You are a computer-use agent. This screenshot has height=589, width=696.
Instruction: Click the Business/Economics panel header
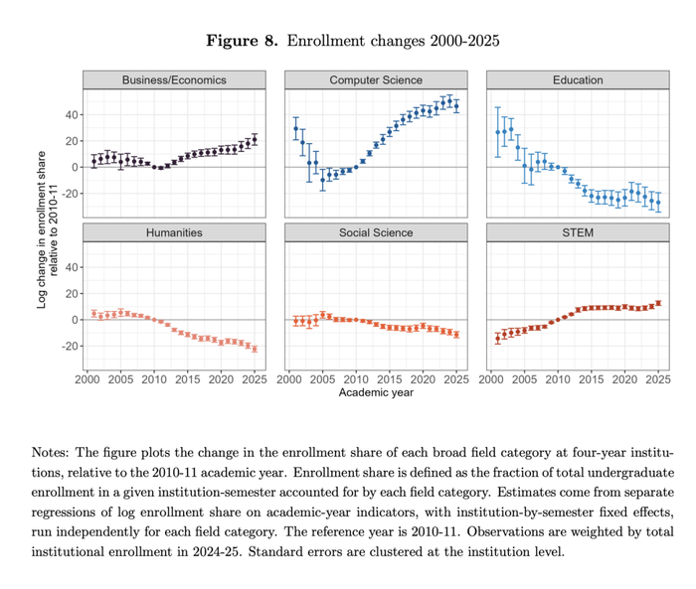[x=174, y=79]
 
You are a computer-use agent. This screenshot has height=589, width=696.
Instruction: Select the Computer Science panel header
[x=376, y=79]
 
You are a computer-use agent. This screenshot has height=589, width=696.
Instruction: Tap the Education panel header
[x=578, y=79]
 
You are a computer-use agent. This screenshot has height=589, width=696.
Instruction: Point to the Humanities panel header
[x=174, y=232]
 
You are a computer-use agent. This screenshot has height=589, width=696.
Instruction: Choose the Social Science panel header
[x=376, y=232]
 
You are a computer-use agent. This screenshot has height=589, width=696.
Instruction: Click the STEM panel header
[x=578, y=232]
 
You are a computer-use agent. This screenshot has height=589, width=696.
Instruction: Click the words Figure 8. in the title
[x=242, y=41]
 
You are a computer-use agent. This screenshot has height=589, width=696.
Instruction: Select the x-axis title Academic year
[x=376, y=392]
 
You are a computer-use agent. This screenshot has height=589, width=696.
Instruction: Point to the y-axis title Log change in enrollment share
[x=42, y=229]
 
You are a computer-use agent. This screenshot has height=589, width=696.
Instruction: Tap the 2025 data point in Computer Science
[x=456, y=106]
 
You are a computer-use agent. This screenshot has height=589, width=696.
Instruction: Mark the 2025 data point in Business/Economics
[x=255, y=139]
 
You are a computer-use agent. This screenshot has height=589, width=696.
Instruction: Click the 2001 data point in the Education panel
[x=497, y=132]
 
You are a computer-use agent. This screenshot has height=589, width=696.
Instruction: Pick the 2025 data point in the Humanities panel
[x=255, y=349]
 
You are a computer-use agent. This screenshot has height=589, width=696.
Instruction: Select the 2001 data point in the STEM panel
[x=497, y=339]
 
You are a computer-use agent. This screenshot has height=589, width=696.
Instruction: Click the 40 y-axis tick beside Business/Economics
[x=72, y=115]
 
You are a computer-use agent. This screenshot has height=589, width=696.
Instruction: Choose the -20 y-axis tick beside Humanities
[x=70, y=346]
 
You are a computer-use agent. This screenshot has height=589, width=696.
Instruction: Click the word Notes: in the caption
[x=50, y=452]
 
